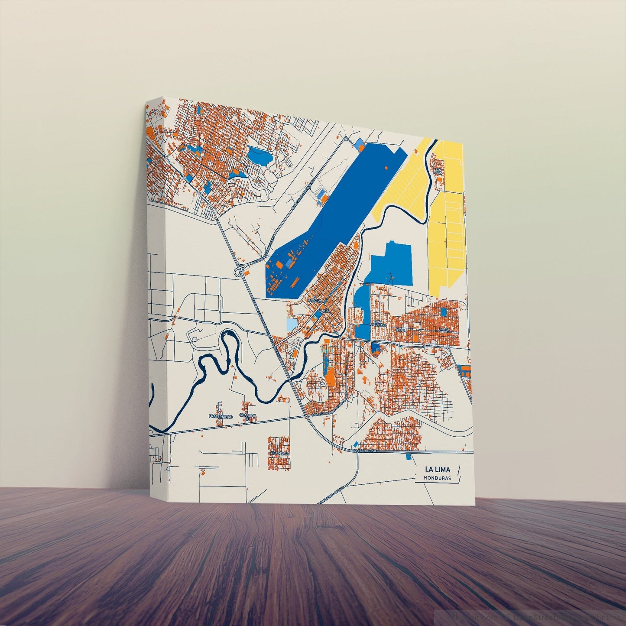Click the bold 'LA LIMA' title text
tap(437, 469)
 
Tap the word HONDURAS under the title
tap(438, 478)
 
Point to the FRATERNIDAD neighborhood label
tap(221, 416)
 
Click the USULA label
tap(401, 330)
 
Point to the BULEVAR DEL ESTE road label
tap(365, 451)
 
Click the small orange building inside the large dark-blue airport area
tap(385, 167)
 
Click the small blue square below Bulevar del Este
tap(408, 457)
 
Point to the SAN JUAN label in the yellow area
tap(438, 171)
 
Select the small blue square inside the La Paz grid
tap(443, 311)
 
